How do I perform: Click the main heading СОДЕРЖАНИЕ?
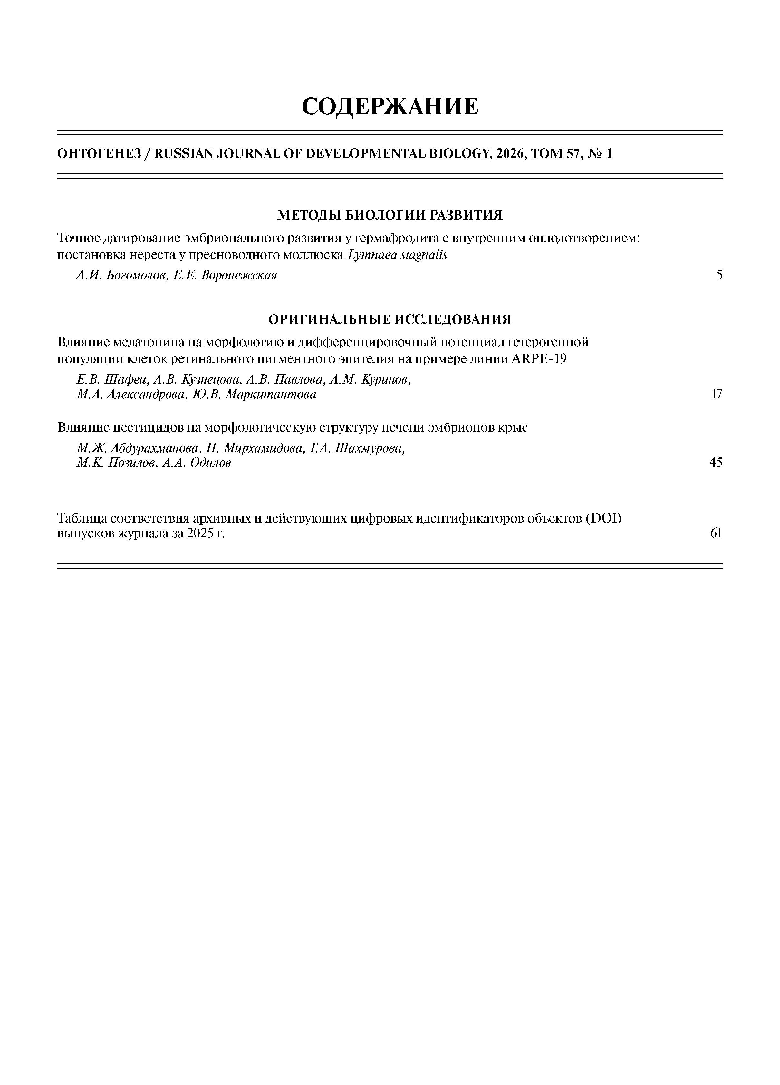(x=390, y=106)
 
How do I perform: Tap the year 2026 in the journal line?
(x=508, y=154)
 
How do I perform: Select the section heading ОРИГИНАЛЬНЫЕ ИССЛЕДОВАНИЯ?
(x=390, y=319)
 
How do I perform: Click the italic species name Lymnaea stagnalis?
(x=397, y=255)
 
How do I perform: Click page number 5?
(x=719, y=276)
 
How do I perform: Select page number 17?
(x=717, y=395)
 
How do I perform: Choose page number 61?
(x=716, y=533)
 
